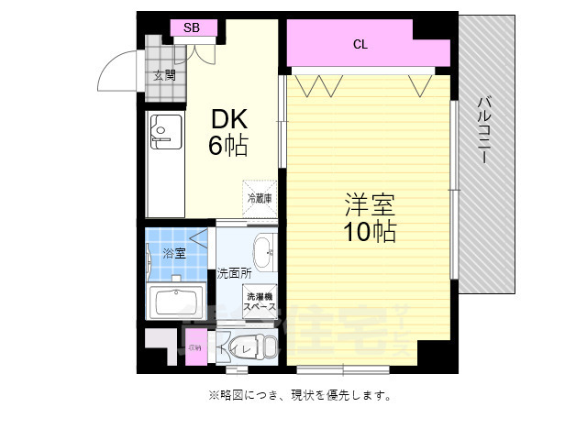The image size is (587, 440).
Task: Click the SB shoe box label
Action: coord(192,27)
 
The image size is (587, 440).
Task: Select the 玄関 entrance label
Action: coord(165,75)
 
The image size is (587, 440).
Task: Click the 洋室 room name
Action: coord(370,203)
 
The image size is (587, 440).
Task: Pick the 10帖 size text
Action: coord(370,232)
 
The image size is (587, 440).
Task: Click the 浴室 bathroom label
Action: coord(172,253)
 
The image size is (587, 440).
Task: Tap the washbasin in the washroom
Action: coord(262,251)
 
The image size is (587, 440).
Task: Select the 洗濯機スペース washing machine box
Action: coord(260,302)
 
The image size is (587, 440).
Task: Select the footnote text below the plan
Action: coord(301,396)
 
